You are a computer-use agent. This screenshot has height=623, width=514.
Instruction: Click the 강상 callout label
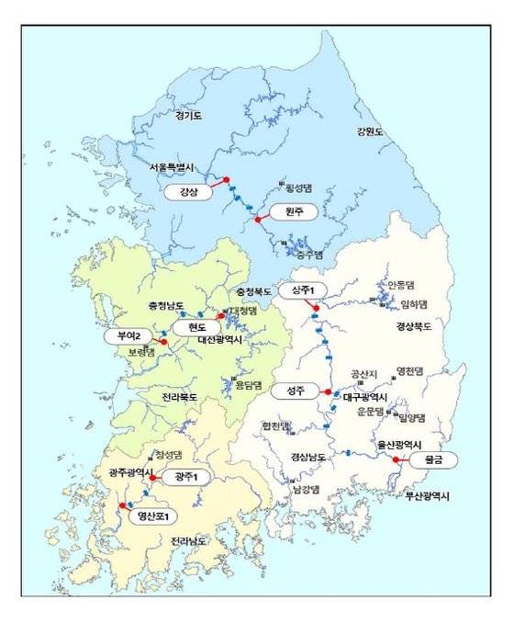188,193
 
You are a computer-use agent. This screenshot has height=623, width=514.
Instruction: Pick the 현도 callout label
197,328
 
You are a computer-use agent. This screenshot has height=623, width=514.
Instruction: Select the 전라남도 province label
189,542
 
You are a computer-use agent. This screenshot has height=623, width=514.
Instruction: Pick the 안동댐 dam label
401,285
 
